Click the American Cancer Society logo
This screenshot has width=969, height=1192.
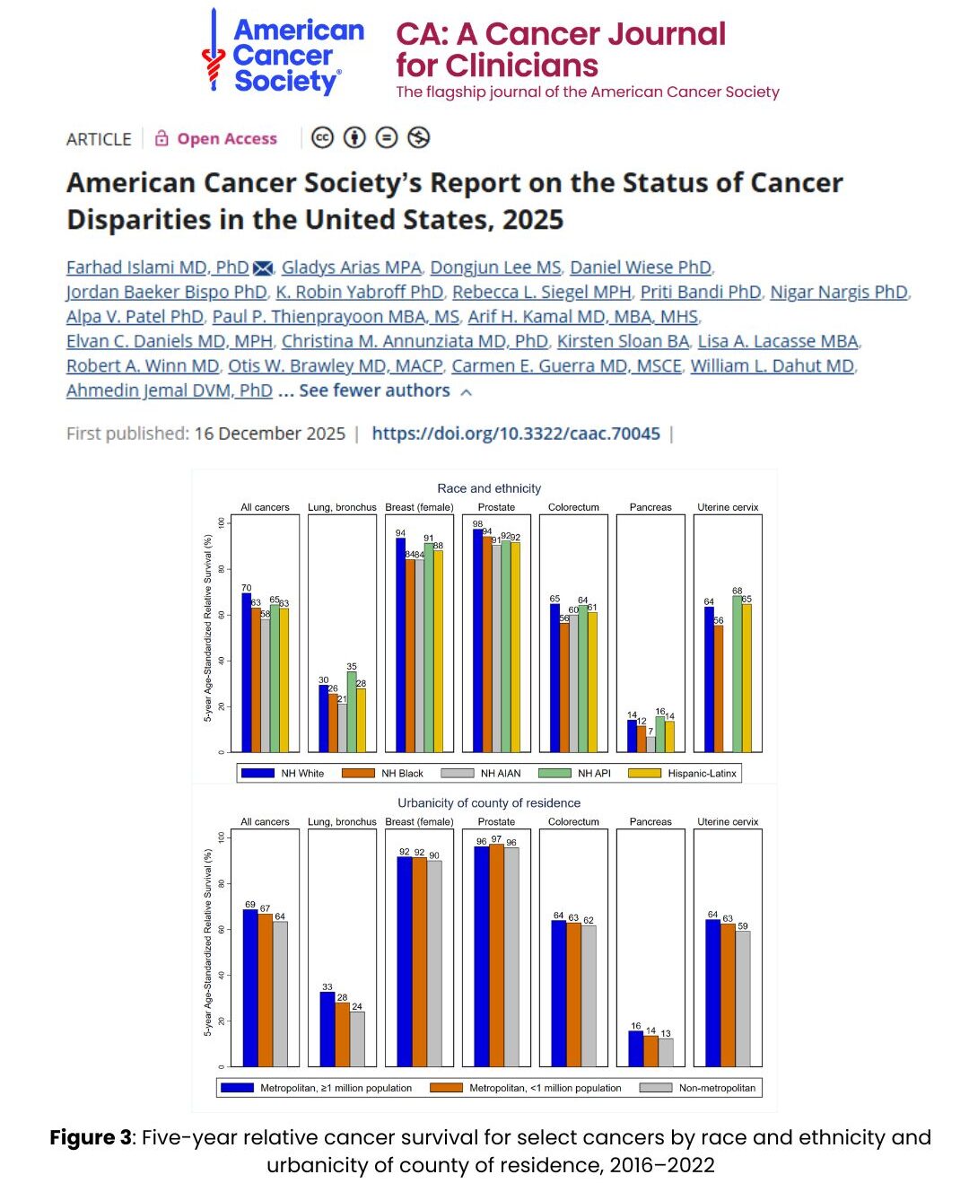coord(283,54)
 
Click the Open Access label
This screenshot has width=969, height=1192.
coord(226,138)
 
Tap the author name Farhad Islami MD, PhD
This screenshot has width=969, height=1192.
coord(157,267)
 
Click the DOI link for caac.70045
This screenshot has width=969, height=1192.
coord(516,434)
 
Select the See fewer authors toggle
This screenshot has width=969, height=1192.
coord(374,390)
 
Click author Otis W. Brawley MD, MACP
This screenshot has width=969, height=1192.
coord(335,366)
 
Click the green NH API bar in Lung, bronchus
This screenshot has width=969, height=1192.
coord(352,712)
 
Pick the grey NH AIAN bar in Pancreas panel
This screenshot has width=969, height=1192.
coord(650,744)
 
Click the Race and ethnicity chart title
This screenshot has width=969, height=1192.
coord(489,488)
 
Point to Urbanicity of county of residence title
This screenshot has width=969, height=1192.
coord(489,802)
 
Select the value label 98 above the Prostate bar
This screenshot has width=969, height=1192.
coord(478,523)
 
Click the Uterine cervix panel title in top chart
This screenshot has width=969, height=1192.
coord(728,507)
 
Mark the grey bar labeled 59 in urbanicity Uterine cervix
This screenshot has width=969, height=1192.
coord(743,998)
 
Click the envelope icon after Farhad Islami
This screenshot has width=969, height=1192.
coord(263,268)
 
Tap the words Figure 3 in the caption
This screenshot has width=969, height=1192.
coord(90,1137)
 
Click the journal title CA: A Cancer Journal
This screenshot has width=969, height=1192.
coord(560,34)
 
